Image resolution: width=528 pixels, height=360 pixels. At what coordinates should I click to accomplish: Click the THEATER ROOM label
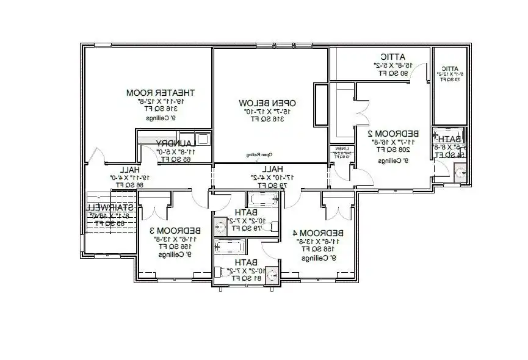pyautogui.click(x=161, y=93)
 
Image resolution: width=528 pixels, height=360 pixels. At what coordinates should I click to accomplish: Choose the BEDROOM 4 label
pyautogui.click(x=317, y=233)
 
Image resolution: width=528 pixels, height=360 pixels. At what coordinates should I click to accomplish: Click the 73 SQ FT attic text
pyautogui.click(x=450, y=80)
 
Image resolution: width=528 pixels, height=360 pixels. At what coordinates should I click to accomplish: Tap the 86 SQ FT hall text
pyautogui.click(x=131, y=184)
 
